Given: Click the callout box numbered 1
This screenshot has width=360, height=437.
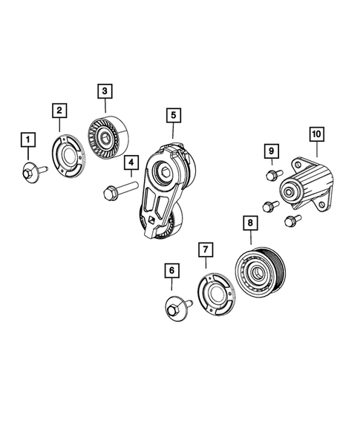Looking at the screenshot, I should pos(27,139).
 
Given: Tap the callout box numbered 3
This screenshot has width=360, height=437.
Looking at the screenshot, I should pos(105,91).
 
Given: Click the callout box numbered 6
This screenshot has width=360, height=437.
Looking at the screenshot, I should pos(171,272).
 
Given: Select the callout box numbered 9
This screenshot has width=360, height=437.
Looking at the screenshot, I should pos(272,152).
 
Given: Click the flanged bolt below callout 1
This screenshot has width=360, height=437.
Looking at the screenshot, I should pos(31,172).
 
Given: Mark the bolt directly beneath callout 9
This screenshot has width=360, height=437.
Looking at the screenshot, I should pos(271,176).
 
